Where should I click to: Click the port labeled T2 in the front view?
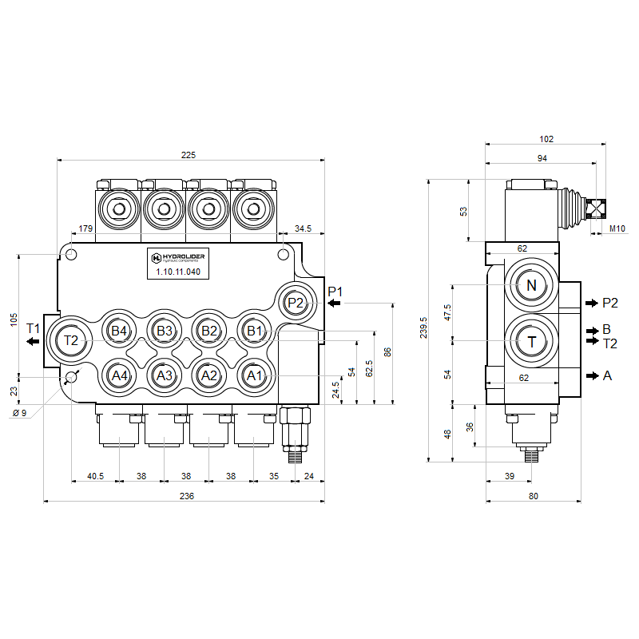pos(72,340)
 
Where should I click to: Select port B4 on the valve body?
pos(119,331)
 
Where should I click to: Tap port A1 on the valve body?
pos(253,375)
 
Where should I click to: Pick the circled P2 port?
pos(296,303)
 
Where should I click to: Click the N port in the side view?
pos(531,286)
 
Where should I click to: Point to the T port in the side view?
pos(531,341)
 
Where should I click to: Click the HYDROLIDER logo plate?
pos(177,258)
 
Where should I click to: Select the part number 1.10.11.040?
pos(177,272)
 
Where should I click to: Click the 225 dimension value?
pos(189,155)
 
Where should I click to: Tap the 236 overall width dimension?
pos(187,496)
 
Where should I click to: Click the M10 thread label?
pos(617,228)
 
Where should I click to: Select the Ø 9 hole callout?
pos(20,412)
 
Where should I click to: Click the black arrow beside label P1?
pos(334,304)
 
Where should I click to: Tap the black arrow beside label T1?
pos(33,342)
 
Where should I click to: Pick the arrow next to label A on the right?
pos(592,375)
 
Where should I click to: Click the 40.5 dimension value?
pos(96,476)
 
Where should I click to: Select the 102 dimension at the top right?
pos(546,138)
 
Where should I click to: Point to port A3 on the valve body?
pos(164,375)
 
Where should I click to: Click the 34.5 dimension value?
pos(304,228)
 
